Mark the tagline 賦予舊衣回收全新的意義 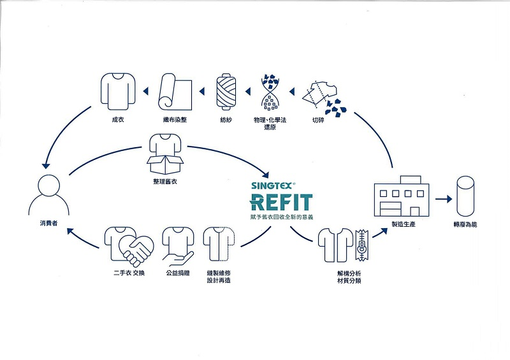(x=281, y=218)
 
